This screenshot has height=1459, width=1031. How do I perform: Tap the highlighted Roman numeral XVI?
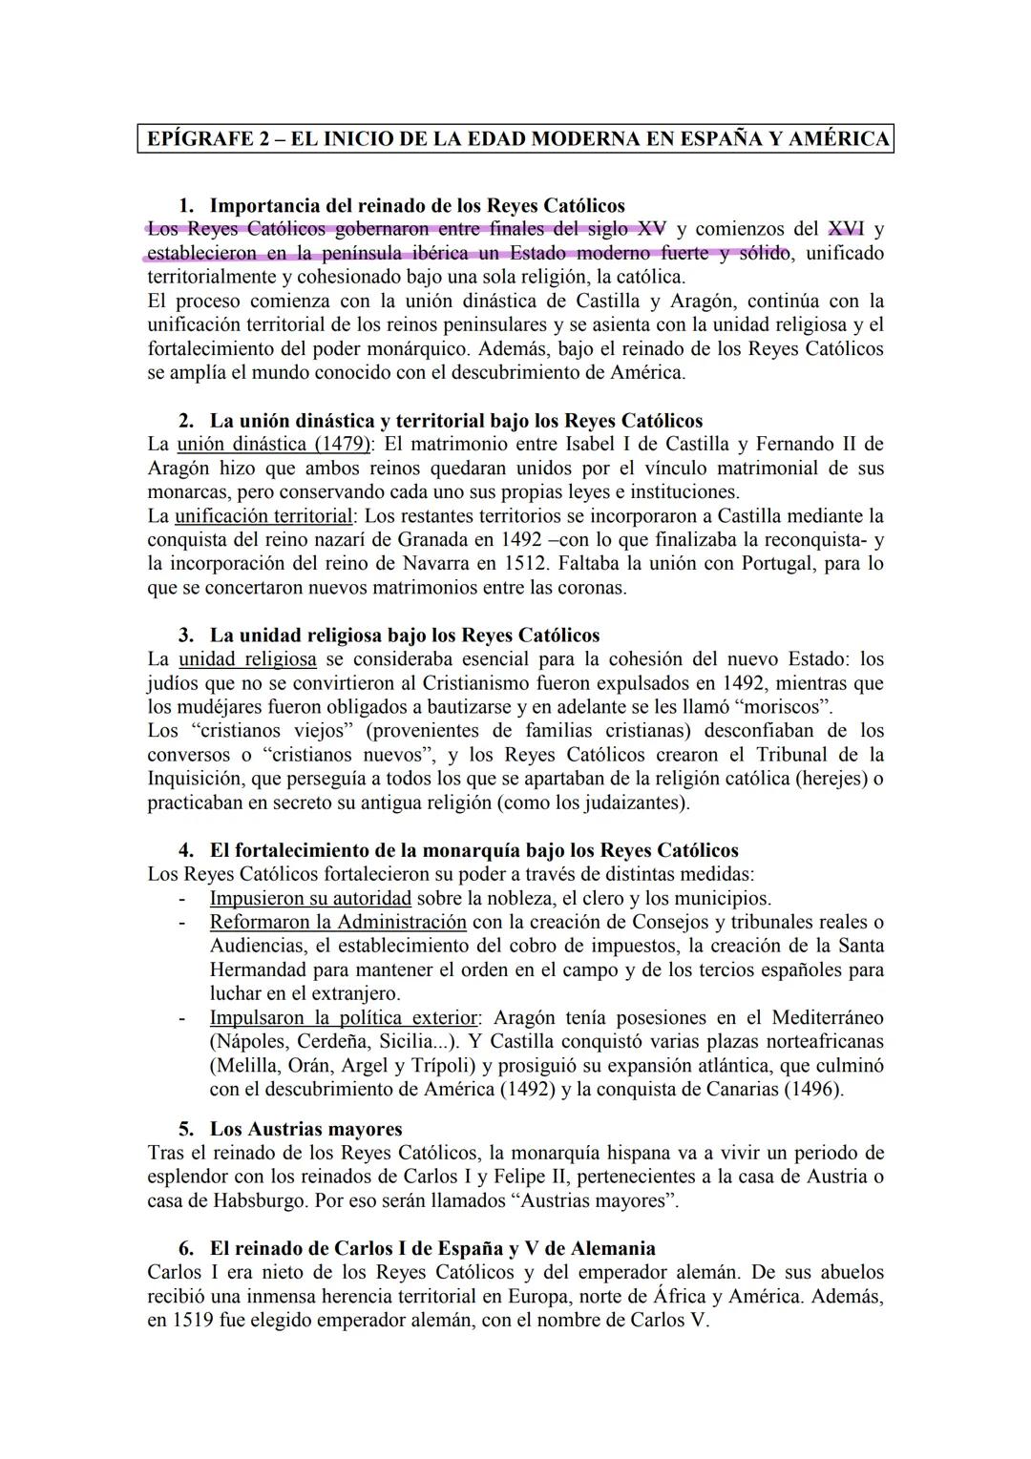click(x=846, y=229)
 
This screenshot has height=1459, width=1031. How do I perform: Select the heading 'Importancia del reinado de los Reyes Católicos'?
click(x=417, y=205)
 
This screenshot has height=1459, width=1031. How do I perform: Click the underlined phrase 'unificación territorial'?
click(x=263, y=516)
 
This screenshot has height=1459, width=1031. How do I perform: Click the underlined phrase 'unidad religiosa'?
click(x=247, y=659)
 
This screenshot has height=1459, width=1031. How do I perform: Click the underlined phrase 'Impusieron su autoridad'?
click(x=310, y=898)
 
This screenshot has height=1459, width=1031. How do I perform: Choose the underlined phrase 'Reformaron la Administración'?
click(x=338, y=922)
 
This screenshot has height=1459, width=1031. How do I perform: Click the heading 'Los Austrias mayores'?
click(x=305, y=1130)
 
